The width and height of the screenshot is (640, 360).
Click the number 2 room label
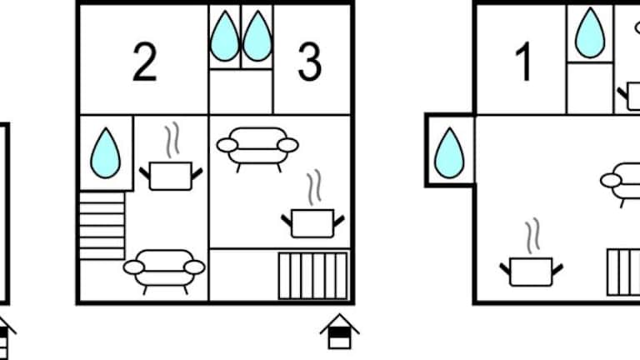click(144, 63)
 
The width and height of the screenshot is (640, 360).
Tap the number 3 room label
click(309, 63)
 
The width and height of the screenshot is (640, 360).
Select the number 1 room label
click(524, 63)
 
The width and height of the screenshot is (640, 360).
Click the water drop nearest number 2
click(224, 37)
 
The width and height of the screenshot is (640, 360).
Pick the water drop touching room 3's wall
click(257, 37)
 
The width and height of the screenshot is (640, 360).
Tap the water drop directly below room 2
click(105, 152)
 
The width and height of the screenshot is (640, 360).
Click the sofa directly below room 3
click(257, 147)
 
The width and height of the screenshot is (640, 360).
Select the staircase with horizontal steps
click(102, 225)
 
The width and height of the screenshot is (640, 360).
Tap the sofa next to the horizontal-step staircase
click(164, 269)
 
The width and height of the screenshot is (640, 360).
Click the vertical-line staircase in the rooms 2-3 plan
click(312, 276)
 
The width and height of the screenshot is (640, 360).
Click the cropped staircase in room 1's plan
click(623, 272)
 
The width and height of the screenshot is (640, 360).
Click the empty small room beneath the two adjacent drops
click(241, 92)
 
